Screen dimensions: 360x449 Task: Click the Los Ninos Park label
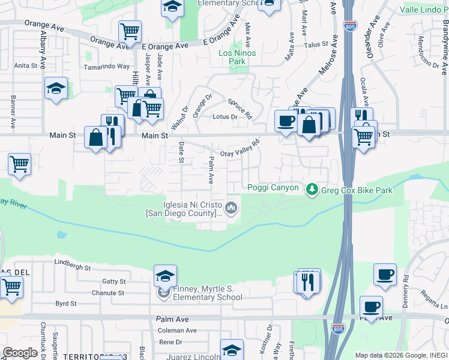tap(237, 57)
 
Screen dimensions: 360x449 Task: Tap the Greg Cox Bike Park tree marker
tap(312, 190)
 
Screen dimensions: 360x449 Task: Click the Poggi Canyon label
tap(273, 188)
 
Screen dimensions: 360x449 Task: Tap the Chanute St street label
tap(107, 293)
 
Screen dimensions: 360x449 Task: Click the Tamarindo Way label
tap(107, 67)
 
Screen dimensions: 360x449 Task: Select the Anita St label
tap(26, 65)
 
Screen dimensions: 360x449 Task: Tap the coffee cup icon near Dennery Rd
tap(385, 274)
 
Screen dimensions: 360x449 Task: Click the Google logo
tap(19, 352)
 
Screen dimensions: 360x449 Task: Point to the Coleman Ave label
tap(177, 331)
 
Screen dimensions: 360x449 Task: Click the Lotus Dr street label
tap(226, 117)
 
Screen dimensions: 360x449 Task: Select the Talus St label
tap(316, 44)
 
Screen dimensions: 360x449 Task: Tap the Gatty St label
tap(113, 281)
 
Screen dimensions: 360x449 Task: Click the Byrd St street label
tap(66, 304)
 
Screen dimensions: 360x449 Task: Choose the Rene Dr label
tap(170, 342)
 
